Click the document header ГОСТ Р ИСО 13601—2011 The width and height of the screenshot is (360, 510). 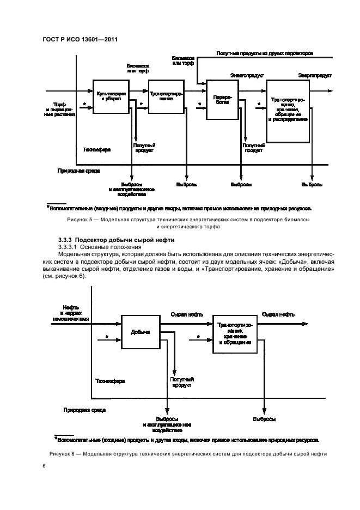click(81, 39)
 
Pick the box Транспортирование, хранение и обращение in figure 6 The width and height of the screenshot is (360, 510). click(234, 334)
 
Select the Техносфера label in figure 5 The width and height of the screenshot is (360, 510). click(96, 149)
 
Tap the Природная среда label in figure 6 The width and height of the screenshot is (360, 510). click(84, 409)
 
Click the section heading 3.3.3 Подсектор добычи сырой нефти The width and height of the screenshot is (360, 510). click(112, 240)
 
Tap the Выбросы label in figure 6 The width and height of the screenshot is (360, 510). click(264, 419)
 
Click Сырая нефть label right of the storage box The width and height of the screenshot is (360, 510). click(278, 314)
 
